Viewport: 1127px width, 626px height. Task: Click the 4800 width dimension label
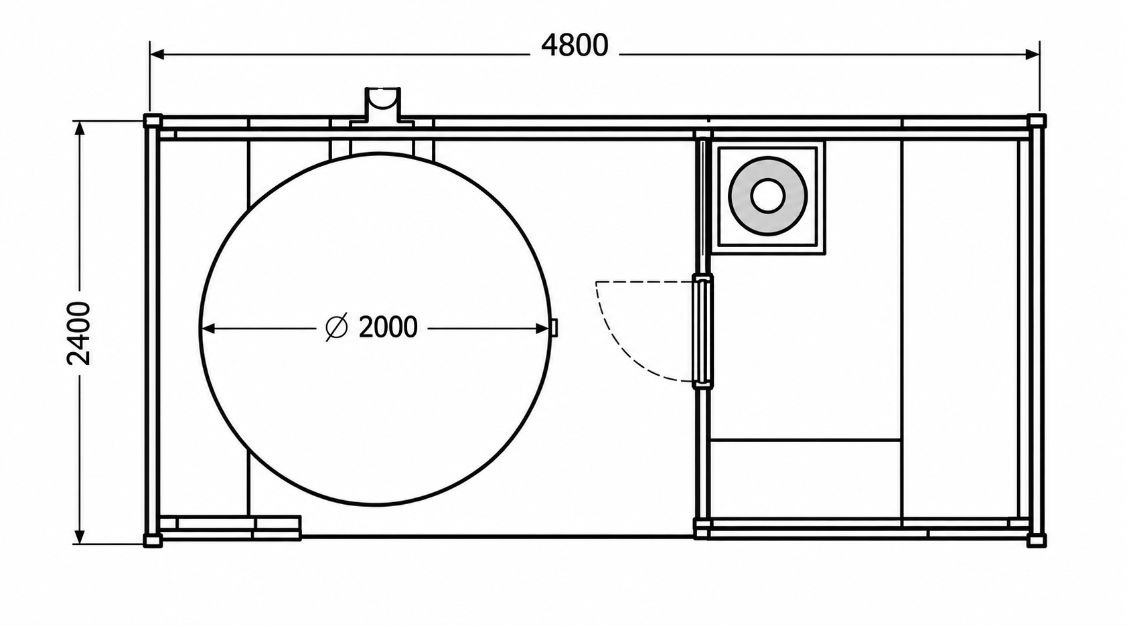point(575,46)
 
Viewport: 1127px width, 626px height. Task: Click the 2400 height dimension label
point(79,333)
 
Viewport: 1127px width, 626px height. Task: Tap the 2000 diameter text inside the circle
point(388,327)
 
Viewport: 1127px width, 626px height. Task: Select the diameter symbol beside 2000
point(337,327)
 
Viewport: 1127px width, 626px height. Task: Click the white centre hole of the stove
point(768,195)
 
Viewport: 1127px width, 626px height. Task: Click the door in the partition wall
point(702,331)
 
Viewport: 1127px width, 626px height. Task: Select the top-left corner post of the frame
point(153,121)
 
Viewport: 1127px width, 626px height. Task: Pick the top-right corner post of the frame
point(1037,121)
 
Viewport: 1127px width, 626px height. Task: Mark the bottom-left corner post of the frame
point(153,541)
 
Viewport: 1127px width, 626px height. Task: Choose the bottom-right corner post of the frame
point(1037,541)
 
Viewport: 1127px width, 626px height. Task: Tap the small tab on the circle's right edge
point(554,327)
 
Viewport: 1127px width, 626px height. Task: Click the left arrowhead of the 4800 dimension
point(157,54)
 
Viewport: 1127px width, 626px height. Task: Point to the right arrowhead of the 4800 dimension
point(1033,54)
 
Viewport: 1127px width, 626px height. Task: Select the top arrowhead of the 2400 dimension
point(79,129)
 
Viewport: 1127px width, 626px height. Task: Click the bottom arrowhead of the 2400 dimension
point(79,536)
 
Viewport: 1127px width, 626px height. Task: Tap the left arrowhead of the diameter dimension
point(208,329)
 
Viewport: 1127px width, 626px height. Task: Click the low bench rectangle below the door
point(804,479)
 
